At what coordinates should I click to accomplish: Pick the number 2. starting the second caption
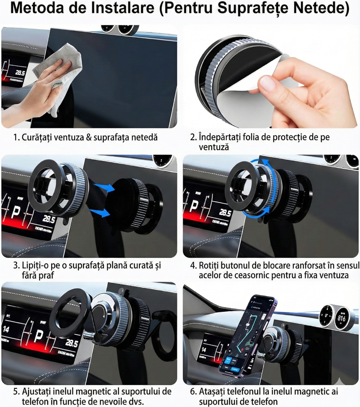pyautogui.click(x=193, y=137)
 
